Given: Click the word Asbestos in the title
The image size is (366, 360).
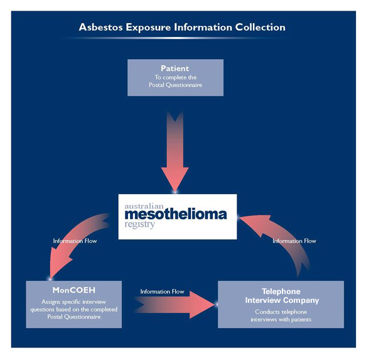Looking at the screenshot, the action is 100,27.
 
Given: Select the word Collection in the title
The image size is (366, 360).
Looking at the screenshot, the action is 260,27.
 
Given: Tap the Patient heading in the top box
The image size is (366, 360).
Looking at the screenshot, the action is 175,68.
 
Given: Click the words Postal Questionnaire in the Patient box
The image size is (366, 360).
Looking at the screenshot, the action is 175,85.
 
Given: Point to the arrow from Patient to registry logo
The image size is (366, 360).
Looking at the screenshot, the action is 175,152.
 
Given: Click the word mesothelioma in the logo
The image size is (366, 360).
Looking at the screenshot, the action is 176,214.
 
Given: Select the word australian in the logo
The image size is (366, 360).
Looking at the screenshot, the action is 144,206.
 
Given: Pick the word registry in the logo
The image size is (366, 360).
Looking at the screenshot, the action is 139,224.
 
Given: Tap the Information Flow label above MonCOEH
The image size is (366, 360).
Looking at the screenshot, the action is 75,241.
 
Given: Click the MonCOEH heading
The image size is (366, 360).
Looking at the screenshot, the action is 73,290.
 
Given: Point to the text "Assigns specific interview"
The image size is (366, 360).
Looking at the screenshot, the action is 73,302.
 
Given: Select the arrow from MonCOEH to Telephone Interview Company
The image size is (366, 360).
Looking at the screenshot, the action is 175,305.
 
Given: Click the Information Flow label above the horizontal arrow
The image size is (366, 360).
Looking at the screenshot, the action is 162,292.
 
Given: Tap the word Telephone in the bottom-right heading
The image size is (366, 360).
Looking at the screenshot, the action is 281,292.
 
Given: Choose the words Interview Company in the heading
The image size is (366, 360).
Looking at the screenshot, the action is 282,300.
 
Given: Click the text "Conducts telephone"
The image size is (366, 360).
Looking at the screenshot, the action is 281,312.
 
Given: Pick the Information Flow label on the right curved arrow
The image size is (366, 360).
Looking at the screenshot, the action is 294,241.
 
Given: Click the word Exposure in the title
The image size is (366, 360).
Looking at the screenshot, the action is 148,28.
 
